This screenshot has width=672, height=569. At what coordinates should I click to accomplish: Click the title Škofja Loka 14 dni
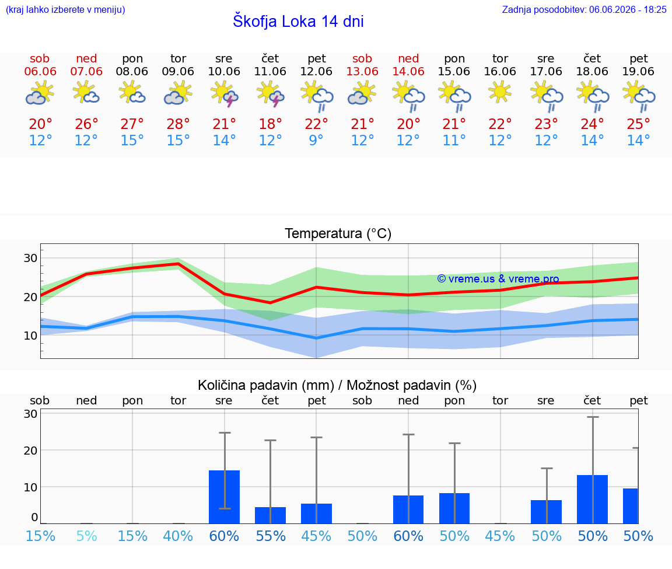(x=298, y=21)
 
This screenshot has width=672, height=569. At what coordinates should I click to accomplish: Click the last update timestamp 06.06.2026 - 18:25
(x=628, y=9)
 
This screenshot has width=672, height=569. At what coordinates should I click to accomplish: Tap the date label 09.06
(x=178, y=71)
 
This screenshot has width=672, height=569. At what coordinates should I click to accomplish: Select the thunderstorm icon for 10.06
(x=224, y=95)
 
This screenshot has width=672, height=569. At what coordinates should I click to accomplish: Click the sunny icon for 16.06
(x=500, y=93)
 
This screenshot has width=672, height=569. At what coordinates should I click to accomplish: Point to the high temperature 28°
(x=178, y=124)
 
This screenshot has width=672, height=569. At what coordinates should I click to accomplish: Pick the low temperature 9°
(x=316, y=140)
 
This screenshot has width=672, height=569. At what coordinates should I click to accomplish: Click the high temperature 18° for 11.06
(x=270, y=124)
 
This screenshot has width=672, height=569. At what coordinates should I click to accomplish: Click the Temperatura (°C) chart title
(x=338, y=233)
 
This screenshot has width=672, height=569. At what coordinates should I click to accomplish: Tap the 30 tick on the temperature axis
(x=30, y=258)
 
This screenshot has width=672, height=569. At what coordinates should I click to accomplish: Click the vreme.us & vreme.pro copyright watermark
(x=498, y=279)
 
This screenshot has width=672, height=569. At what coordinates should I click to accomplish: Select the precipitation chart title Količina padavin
(x=266, y=385)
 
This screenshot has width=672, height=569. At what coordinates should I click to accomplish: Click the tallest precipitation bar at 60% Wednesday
(x=224, y=497)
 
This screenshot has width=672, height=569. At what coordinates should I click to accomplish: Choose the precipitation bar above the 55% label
(x=270, y=515)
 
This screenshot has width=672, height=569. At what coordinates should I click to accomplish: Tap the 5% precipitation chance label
(x=86, y=536)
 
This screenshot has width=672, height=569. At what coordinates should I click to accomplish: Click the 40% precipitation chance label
(x=178, y=536)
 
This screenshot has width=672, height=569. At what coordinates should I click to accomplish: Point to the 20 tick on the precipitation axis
(x=30, y=450)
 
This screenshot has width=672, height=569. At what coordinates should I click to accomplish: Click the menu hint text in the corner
(x=65, y=9)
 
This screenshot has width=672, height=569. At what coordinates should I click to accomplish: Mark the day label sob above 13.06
(x=362, y=58)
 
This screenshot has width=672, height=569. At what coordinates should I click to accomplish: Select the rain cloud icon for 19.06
(x=639, y=96)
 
